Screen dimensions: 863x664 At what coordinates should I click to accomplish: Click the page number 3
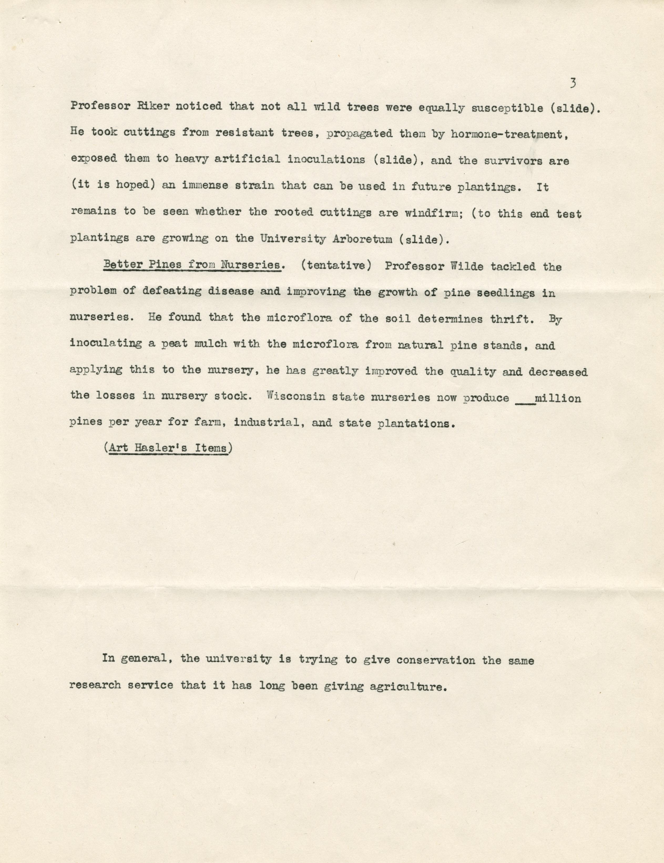573,83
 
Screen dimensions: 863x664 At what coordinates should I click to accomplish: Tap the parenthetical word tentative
336,265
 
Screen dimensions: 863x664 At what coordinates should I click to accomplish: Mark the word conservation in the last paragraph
436,660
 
